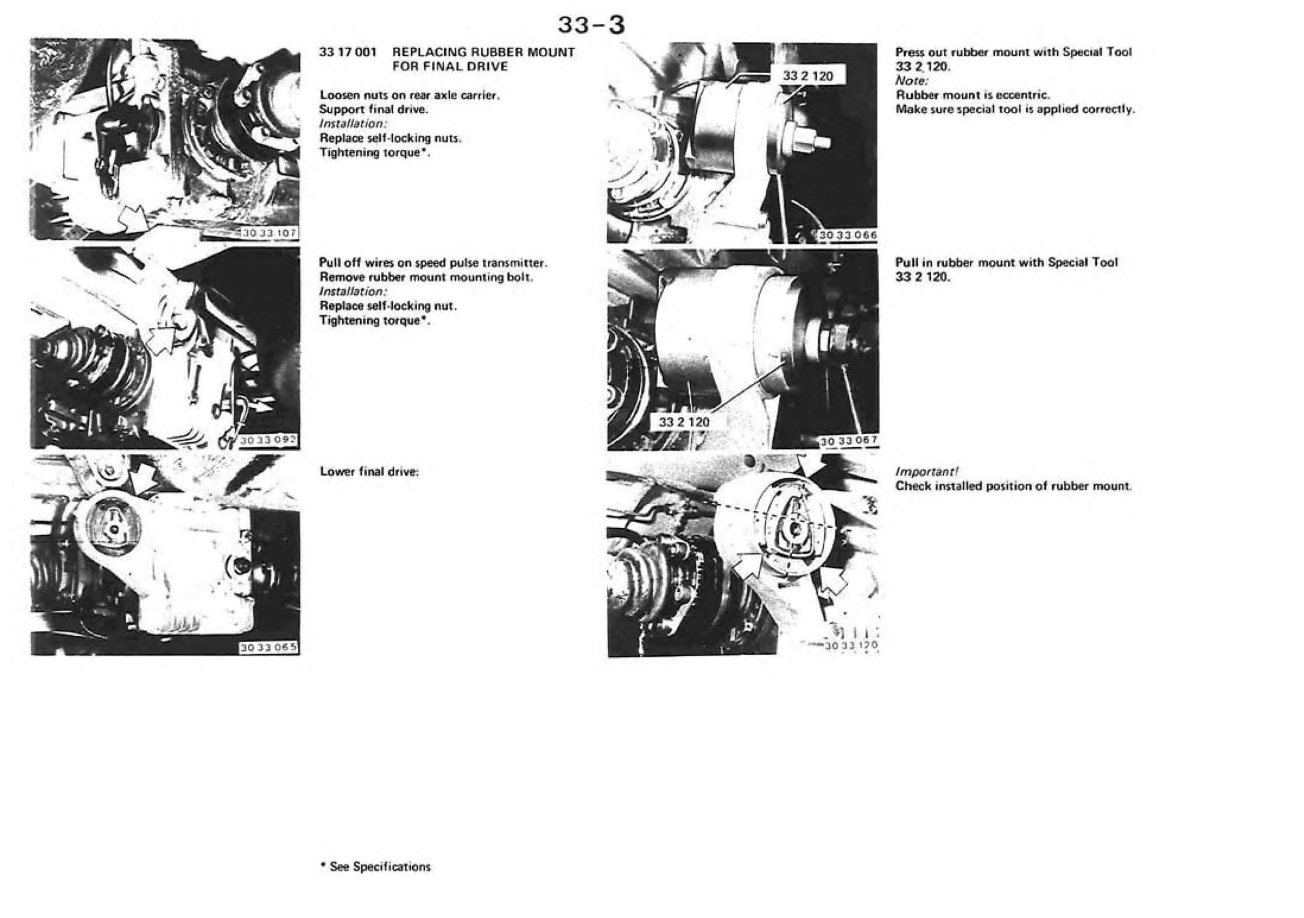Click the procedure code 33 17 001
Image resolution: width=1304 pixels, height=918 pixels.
348,52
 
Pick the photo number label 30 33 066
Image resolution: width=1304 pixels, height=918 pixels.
847,234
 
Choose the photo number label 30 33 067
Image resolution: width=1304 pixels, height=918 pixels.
848,442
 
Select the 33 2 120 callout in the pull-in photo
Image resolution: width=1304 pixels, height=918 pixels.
684,421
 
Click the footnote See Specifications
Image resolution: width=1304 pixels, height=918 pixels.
375,867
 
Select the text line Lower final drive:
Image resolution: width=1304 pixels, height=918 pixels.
370,471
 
